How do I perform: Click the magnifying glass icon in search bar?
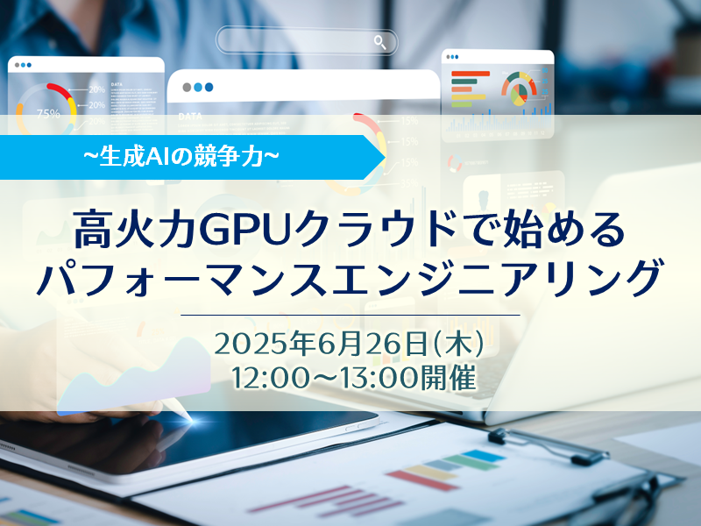pos(380,42)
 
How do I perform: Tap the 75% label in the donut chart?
pos(48,114)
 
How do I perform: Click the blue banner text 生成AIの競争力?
pos(181,157)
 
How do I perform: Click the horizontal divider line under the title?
pos(350,315)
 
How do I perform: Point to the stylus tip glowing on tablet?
pos(191,421)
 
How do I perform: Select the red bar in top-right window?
pos(471,74)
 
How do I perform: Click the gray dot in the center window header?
pos(187,87)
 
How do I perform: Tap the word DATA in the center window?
pos(190,117)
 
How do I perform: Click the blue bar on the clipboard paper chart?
pos(483,456)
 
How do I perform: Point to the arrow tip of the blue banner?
pos(386,157)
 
